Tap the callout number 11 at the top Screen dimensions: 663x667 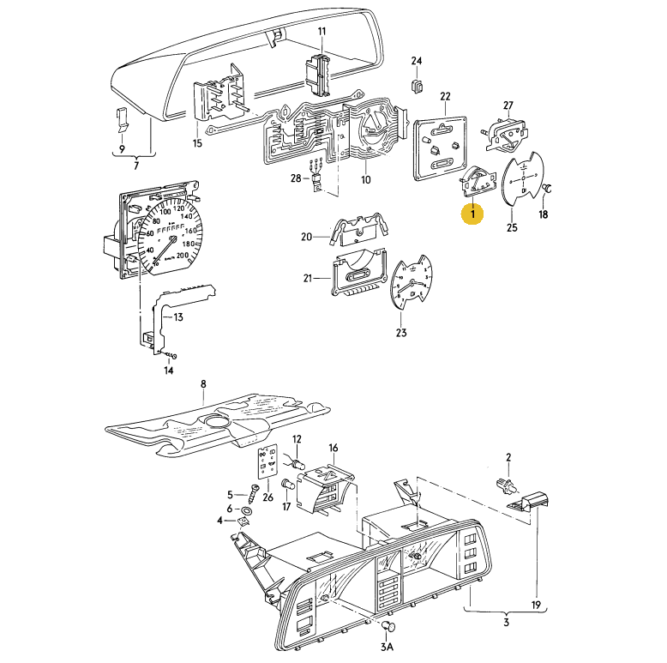322,32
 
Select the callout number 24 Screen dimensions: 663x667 417,61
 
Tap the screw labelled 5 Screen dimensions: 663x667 253,494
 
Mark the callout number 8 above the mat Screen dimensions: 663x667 203,383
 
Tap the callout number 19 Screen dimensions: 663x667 538,605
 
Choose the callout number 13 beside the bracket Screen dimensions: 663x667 178,317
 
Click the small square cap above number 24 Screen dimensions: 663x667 418,85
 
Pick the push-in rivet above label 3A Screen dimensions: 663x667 388,624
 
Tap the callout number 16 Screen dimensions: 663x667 333,448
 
